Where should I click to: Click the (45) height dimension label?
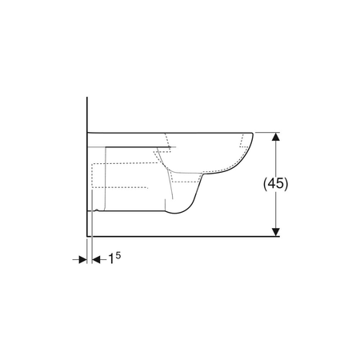tap(276, 184)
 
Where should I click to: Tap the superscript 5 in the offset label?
tap(118, 255)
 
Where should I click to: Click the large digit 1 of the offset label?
tap(111, 259)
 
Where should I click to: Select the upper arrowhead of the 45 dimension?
tap(276, 136)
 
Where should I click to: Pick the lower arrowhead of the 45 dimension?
tap(276, 232)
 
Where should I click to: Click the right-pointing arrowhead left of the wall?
tap(83, 259)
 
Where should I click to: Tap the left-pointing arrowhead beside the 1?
tap(96, 259)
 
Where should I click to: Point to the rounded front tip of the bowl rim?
tap(252, 134)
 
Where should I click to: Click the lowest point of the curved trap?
tap(174, 214)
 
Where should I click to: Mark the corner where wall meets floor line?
tap(87, 236)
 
